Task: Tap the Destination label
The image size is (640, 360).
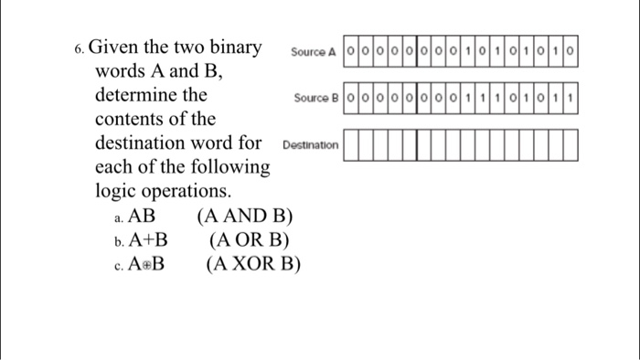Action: coord(311,144)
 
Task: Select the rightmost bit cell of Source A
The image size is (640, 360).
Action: coord(571,51)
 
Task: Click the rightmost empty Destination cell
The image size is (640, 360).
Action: coord(571,144)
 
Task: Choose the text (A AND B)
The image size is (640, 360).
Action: coord(244,217)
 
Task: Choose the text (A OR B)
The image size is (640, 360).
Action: coord(250,240)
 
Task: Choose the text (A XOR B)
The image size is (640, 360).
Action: coord(253,264)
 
